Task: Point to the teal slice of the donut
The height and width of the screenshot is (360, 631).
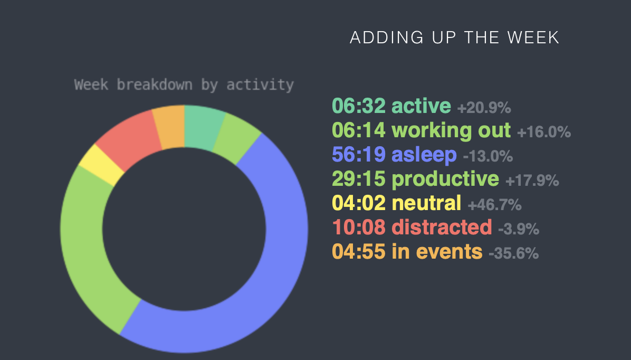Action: point(201,127)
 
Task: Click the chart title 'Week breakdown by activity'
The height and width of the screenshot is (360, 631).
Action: point(184,85)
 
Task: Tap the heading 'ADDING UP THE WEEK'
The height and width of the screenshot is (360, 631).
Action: point(454,38)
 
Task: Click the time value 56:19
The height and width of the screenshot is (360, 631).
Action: point(359,155)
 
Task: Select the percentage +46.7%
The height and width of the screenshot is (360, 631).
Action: point(494,205)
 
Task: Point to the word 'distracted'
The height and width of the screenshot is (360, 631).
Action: point(442,227)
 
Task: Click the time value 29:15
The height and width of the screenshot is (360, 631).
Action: point(359,179)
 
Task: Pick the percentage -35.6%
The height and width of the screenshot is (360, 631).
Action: point(513,253)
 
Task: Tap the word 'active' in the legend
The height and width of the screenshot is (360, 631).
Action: point(421,106)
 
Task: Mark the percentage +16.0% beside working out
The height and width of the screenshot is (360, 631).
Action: point(543,132)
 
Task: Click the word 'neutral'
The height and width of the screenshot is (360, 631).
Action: point(426,203)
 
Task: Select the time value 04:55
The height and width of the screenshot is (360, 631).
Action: point(359,252)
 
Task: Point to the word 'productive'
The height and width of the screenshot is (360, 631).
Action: point(445,179)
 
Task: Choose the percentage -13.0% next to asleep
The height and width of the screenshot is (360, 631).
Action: point(487,156)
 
